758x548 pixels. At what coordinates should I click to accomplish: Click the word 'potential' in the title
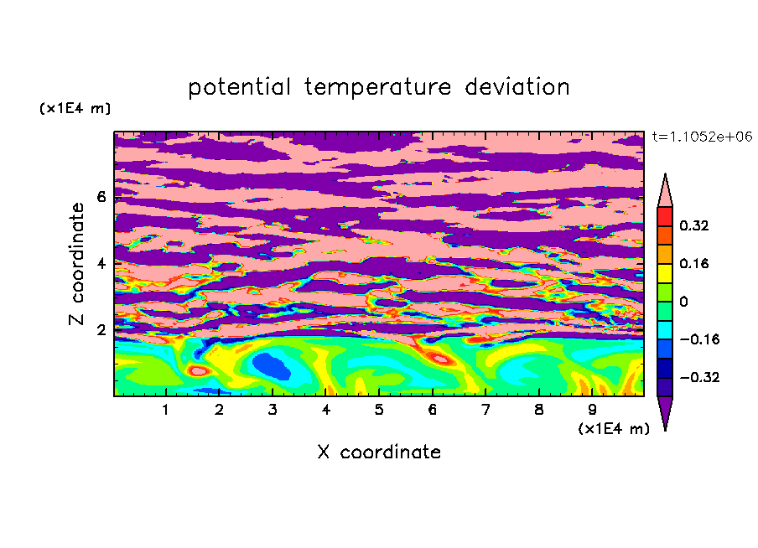(x=239, y=87)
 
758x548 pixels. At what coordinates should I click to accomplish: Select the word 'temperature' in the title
(x=377, y=87)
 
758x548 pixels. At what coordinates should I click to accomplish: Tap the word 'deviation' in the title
(x=517, y=87)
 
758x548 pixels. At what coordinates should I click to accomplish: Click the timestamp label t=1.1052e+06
(x=702, y=137)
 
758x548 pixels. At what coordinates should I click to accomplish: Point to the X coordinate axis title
(x=379, y=452)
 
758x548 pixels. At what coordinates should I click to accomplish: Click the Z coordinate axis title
(x=76, y=263)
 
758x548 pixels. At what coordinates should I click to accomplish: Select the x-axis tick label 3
(x=273, y=410)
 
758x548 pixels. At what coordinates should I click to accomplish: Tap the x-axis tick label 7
(x=485, y=410)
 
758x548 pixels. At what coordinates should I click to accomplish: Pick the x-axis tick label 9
(x=592, y=410)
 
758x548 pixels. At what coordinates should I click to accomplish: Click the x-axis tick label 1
(x=165, y=410)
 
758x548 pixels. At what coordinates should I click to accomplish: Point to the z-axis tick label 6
(x=101, y=197)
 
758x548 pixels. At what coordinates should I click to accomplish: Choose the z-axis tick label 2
(x=101, y=330)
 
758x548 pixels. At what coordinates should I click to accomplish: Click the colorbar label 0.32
(x=693, y=225)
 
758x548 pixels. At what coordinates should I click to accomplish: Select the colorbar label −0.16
(x=699, y=339)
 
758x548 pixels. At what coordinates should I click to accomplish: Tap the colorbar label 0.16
(x=693, y=263)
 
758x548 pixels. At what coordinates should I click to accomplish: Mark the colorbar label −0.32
(x=699, y=377)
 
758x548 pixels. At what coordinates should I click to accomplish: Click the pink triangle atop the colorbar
(x=665, y=192)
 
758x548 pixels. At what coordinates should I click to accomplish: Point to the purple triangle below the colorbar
(x=665, y=411)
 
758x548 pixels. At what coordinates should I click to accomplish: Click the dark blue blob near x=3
(x=272, y=366)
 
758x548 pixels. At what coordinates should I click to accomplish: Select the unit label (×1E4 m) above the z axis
(x=75, y=108)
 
